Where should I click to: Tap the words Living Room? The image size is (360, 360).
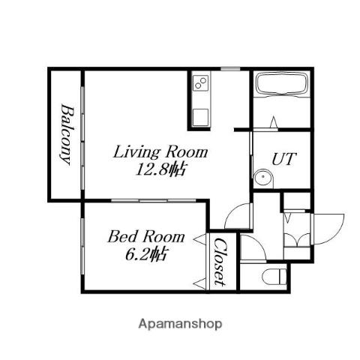[160, 152]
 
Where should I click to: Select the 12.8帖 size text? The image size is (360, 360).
[160, 170]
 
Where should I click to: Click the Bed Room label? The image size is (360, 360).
[146, 236]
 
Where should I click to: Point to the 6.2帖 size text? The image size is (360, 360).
[145, 255]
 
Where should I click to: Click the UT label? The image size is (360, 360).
[284, 159]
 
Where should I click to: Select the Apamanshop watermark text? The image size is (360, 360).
[180, 324]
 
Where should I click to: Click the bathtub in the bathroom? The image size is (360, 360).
[282, 84]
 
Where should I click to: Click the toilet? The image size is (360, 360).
[274, 276]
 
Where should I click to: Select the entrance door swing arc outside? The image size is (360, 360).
[336, 234]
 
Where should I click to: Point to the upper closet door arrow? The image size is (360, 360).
[200, 239]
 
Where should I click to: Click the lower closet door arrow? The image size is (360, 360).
[200, 284]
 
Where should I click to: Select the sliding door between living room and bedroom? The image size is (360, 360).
[154, 200]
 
